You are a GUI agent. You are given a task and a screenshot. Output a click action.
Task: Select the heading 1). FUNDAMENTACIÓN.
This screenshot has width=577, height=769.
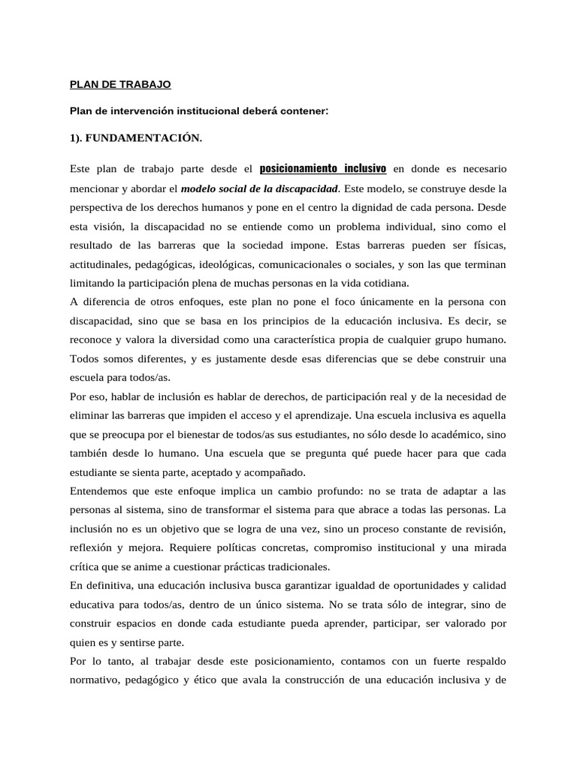coord(136,138)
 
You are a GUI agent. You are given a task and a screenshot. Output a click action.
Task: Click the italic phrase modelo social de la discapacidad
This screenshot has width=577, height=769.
coord(260,187)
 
